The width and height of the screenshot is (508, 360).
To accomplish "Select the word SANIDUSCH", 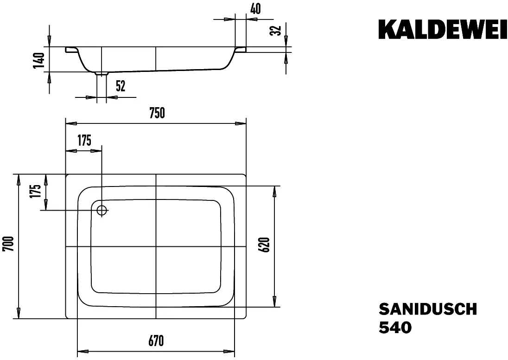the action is tap(428, 309).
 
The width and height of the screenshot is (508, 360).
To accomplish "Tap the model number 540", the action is tap(395, 327).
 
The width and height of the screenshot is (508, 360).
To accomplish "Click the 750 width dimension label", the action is tap(157, 113).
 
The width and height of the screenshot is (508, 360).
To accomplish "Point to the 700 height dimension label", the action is tap(8, 244).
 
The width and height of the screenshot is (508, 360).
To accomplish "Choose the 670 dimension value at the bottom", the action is tap(156, 341).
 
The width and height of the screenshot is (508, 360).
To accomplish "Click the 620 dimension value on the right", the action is tap(265, 245).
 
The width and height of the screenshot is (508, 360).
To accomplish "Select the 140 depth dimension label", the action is tap(38, 60).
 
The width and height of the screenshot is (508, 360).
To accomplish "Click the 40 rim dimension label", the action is tap(255, 9).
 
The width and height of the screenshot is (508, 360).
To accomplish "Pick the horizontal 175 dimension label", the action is tap(84, 141).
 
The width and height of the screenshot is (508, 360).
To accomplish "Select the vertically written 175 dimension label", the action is tap(36, 191).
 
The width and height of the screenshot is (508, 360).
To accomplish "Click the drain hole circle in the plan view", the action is tap(102, 211).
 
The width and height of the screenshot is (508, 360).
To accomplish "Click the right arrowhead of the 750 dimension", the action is tap(241, 123).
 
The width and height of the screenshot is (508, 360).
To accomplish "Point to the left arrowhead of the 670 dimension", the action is tap(83, 351).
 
